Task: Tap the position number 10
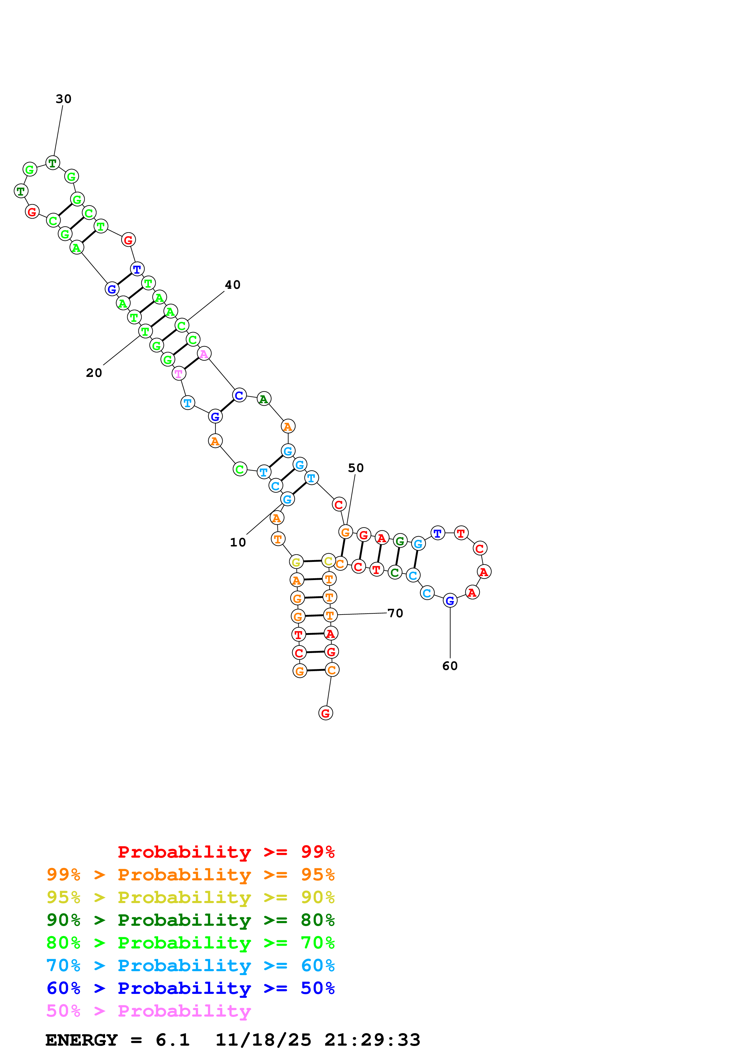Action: tap(238, 543)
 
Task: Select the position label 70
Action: tap(395, 613)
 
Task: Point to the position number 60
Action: tap(450, 666)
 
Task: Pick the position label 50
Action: tap(356, 468)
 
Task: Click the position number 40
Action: tap(233, 285)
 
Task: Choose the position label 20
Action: tap(94, 373)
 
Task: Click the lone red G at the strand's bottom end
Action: tap(326, 713)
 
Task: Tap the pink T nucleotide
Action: tap(179, 374)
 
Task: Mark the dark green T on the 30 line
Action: tap(53, 163)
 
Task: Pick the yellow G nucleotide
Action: tap(296, 562)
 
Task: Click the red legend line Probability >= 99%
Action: tap(226, 852)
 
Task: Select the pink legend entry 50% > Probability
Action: tap(148, 1011)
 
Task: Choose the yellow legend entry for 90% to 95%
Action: tap(190, 897)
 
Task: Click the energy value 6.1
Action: tap(173, 1040)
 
